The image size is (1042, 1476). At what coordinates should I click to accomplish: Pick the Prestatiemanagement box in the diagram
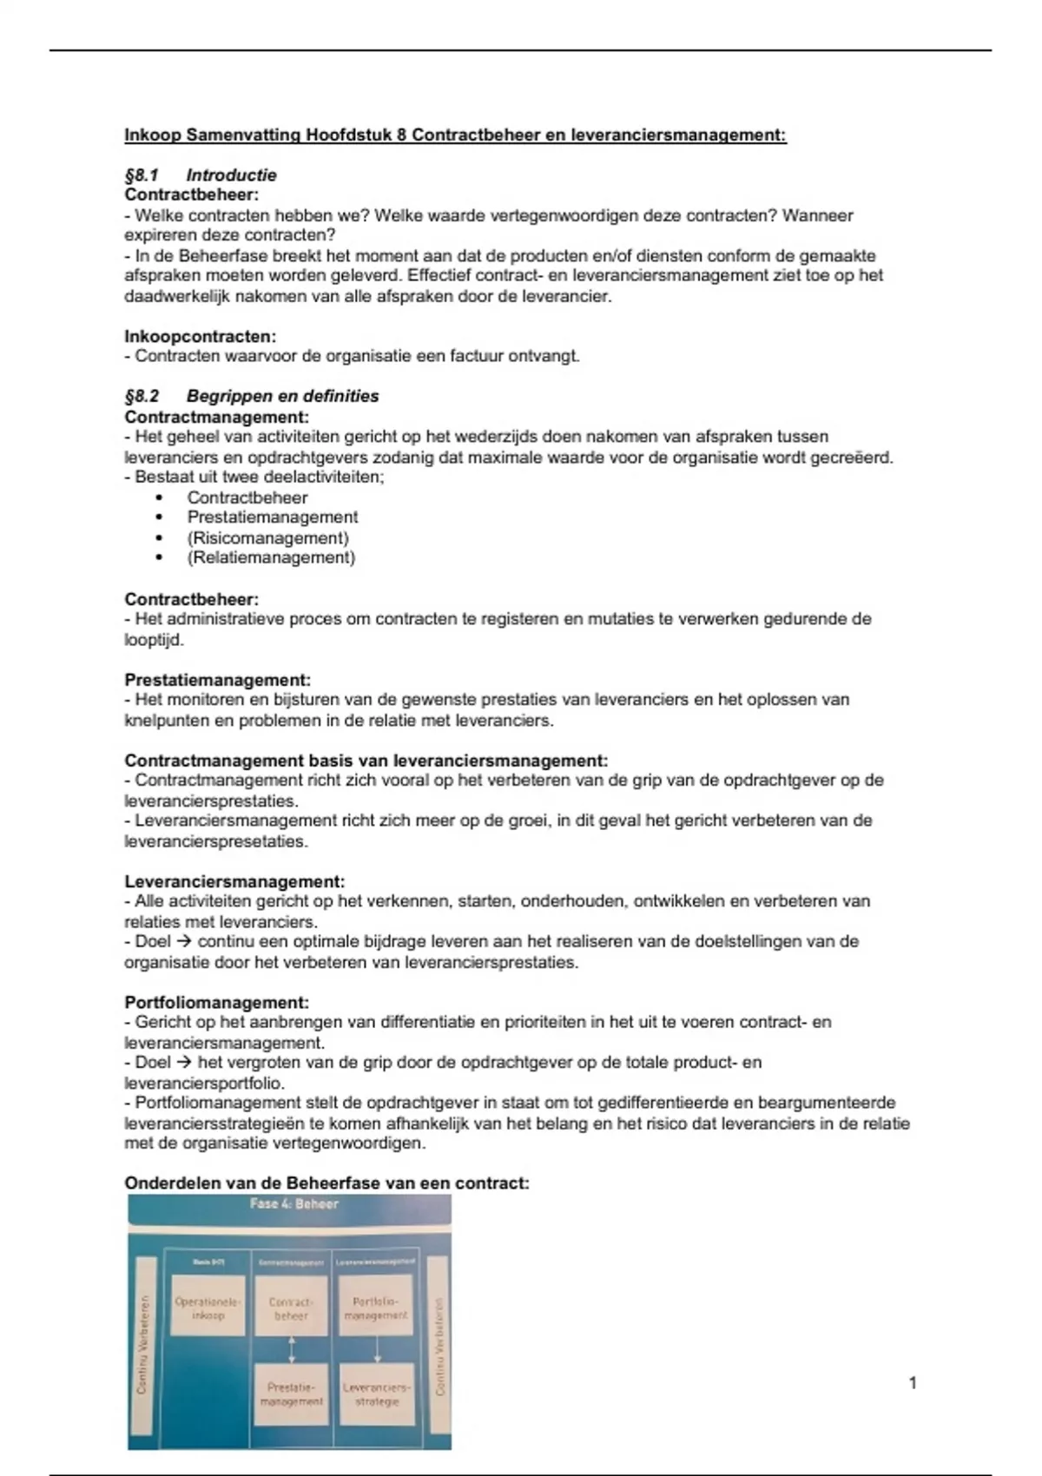point(291,1394)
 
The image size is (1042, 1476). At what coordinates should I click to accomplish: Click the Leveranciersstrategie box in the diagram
point(376,1394)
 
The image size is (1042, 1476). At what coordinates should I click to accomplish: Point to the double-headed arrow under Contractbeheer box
point(292,1350)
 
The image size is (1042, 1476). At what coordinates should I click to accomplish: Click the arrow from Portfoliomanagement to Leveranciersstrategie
point(377,1350)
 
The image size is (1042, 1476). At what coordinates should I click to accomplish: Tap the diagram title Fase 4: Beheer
point(293,1204)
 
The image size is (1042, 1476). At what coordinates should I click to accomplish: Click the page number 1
point(913,1383)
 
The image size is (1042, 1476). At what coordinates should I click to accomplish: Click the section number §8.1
point(142,175)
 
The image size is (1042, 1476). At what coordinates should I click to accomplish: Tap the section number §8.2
point(142,397)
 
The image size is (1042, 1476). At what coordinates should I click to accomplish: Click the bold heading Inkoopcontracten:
point(200,336)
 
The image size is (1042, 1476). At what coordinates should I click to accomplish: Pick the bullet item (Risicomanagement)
point(267,537)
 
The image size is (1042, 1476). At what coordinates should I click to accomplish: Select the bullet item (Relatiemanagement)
point(271,557)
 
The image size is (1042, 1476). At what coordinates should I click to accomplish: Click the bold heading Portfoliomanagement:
point(216,1002)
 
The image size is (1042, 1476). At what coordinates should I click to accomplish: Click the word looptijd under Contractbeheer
point(153,640)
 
